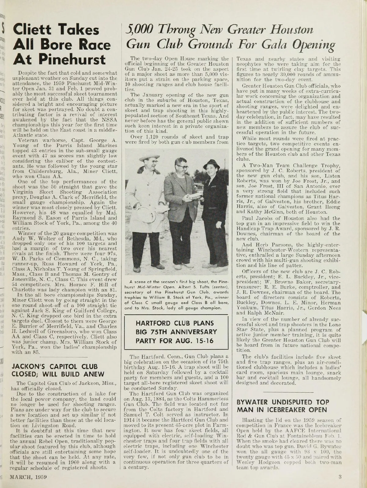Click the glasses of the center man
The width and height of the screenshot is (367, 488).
[183, 167]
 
